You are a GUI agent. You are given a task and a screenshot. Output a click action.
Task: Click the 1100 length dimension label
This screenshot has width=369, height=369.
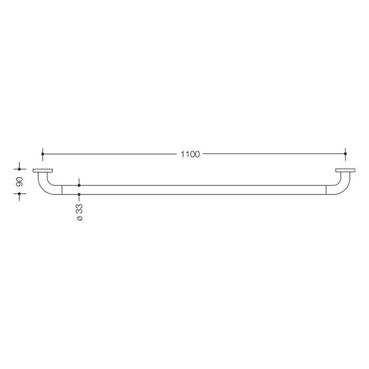(x=190, y=154)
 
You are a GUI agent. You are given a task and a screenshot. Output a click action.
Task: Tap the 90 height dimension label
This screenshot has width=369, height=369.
(x=20, y=182)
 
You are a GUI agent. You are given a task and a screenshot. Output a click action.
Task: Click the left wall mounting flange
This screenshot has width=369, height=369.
(x=43, y=170)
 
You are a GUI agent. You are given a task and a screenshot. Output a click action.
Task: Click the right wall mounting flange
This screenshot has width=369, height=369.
(x=345, y=170)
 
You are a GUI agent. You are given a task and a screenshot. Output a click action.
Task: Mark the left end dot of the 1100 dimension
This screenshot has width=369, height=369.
(x=43, y=154)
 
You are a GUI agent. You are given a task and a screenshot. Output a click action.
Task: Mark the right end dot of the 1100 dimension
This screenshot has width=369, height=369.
(x=345, y=154)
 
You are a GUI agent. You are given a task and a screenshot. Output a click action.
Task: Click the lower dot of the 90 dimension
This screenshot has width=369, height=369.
(x=20, y=194)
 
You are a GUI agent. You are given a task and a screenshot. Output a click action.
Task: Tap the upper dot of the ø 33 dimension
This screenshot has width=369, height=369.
(x=79, y=185)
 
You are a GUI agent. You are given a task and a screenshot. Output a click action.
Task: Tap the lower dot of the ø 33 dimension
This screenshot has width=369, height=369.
(x=79, y=195)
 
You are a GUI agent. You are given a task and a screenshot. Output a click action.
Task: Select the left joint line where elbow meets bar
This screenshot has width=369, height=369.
(x=62, y=190)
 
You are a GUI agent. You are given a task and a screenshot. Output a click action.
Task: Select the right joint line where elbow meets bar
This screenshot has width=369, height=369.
(x=326, y=190)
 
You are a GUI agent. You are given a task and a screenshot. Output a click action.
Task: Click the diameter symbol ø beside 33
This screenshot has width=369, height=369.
(x=80, y=218)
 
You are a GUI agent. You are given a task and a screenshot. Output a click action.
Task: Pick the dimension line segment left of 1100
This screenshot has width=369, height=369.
(x=111, y=154)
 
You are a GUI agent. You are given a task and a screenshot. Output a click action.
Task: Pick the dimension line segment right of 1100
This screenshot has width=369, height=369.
(x=274, y=154)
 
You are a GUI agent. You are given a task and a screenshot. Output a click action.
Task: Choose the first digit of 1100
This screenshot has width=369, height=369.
(x=182, y=154)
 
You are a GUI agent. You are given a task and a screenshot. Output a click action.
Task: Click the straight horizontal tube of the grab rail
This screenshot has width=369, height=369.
(x=195, y=190)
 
